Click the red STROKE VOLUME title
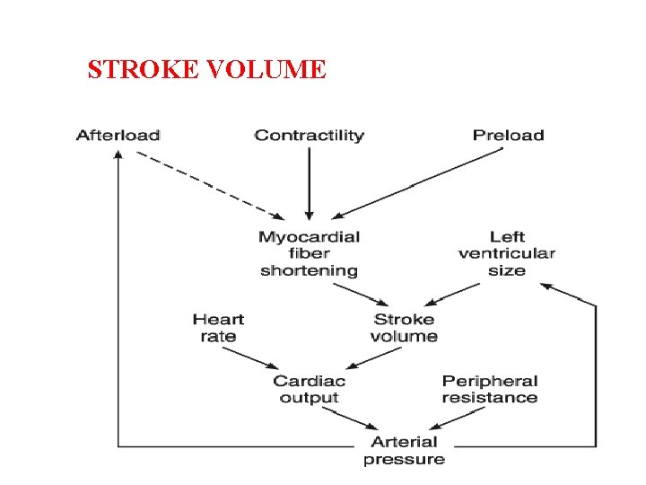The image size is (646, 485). point(206,69)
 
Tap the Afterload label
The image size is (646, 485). point(118,136)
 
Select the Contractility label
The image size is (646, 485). point(309,136)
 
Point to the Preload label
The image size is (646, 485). point(508,136)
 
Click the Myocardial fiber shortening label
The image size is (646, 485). point(309,253)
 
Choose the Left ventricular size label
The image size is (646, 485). point(507,253)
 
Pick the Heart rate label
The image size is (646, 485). point(218,328)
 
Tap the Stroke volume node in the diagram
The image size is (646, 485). point(404,328)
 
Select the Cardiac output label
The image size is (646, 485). point(310,389)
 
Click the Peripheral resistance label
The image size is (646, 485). point(490,389)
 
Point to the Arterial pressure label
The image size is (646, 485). point(404,450)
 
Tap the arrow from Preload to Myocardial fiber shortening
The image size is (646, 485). point(417,183)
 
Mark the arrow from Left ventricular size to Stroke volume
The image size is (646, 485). point(458,293)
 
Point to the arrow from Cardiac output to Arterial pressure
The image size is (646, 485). point(349,417)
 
